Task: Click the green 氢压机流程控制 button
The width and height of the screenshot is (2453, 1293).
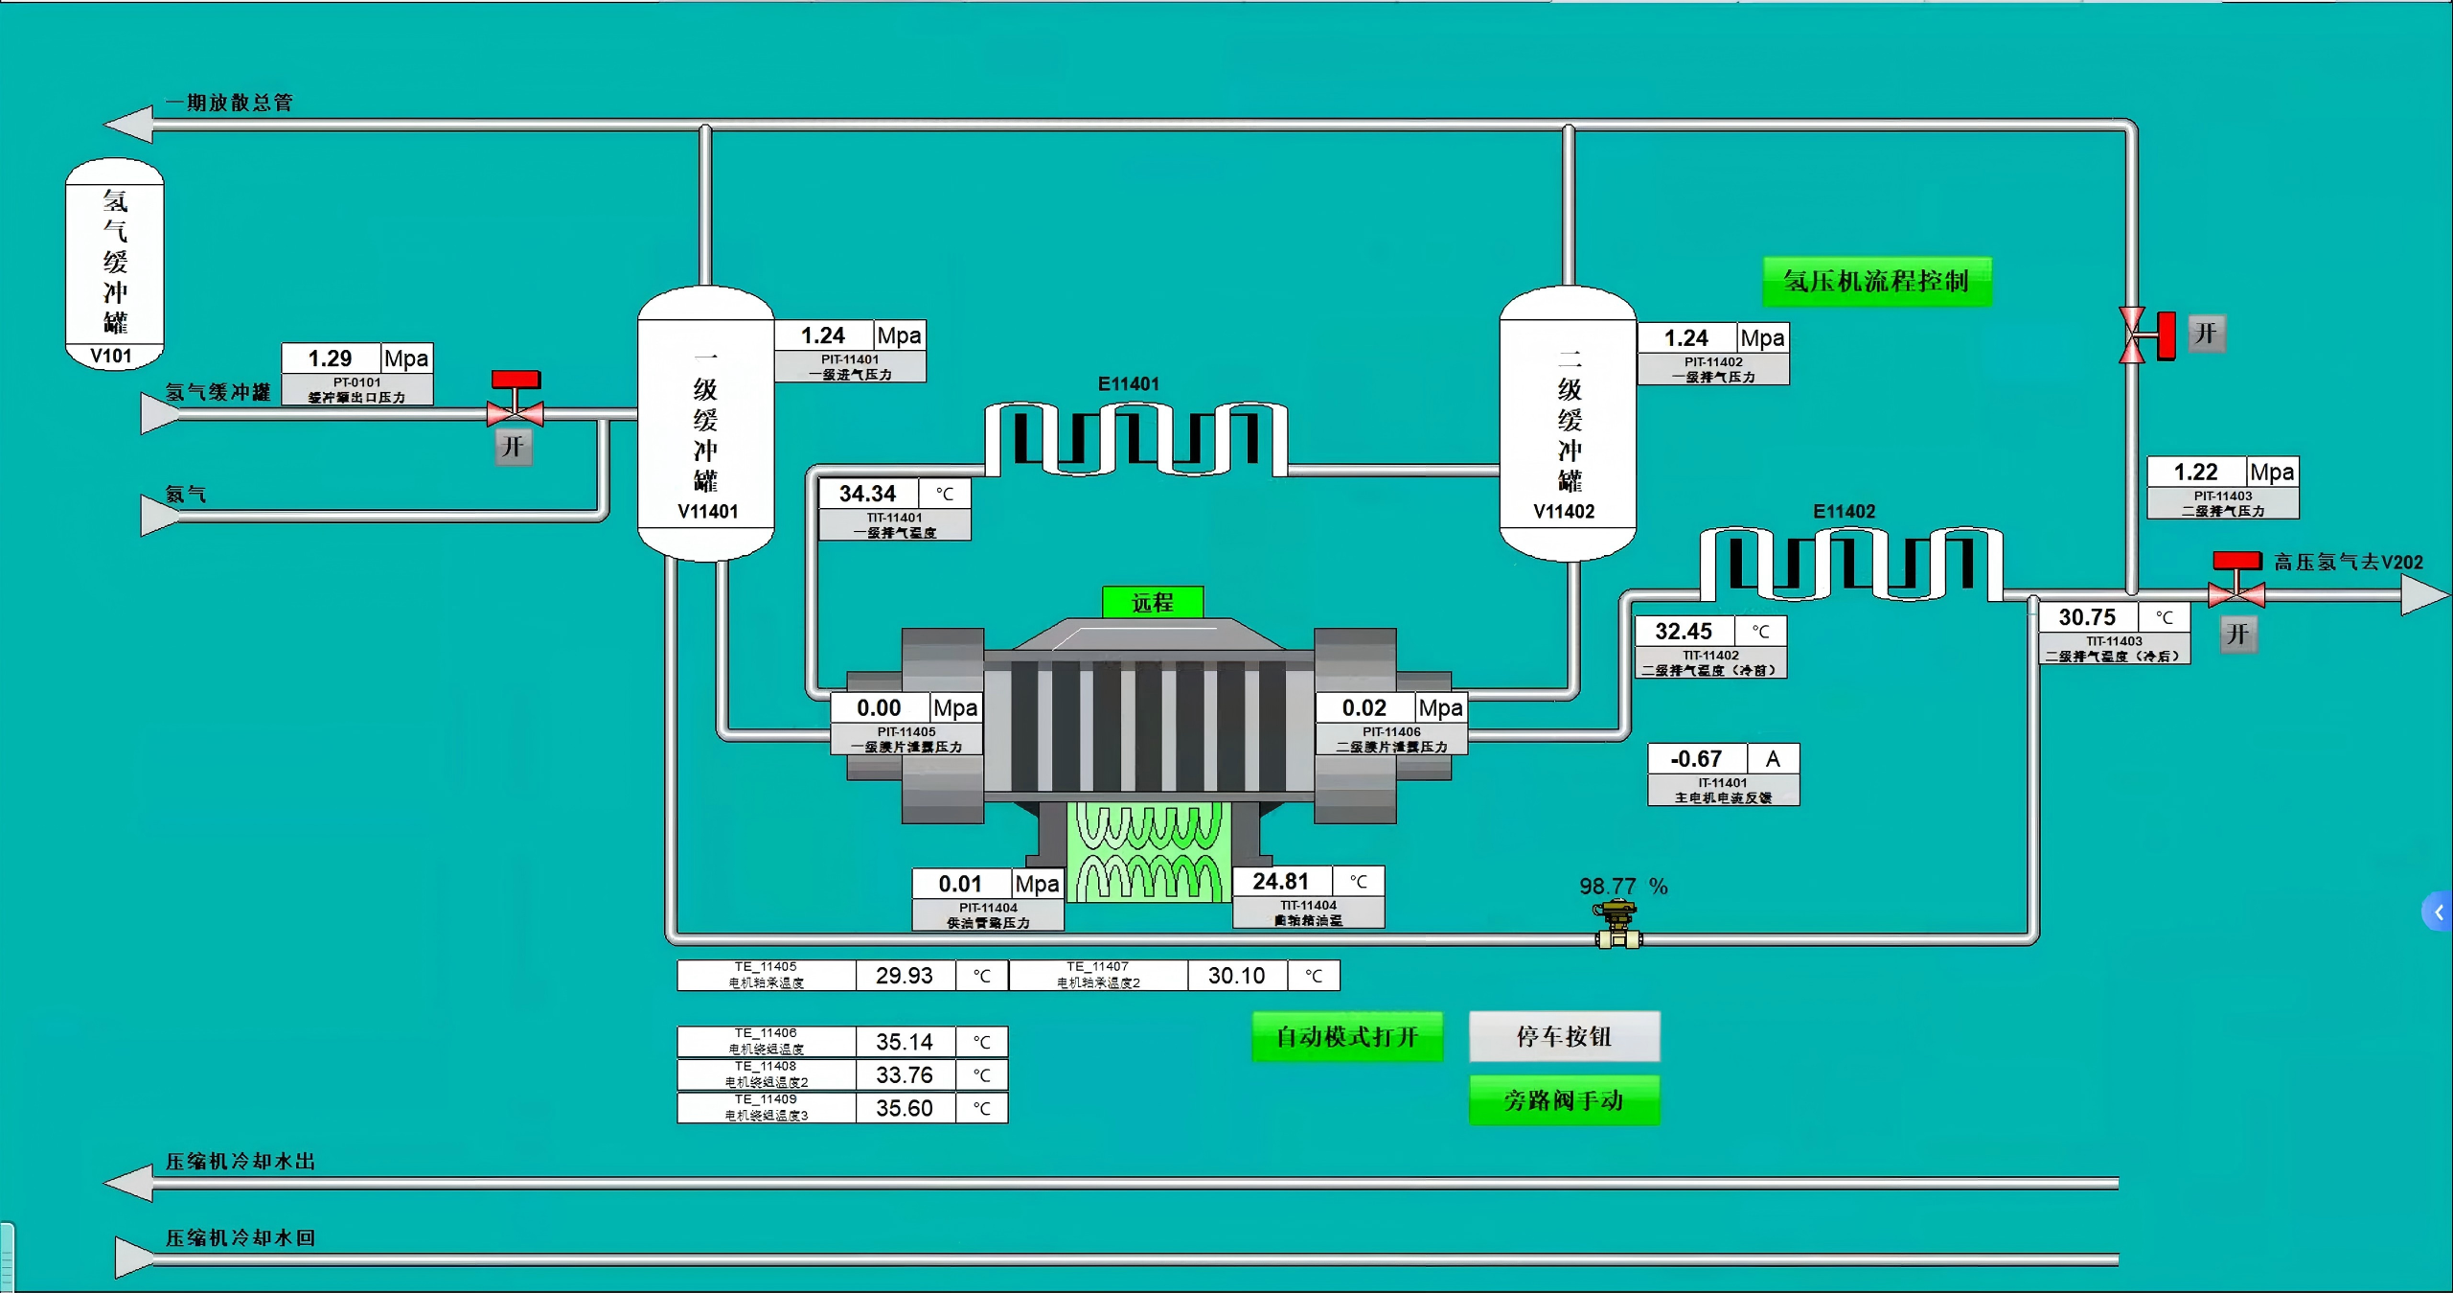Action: pyautogui.click(x=1876, y=282)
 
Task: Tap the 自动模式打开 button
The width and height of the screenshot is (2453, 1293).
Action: pyautogui.click(x=1346, y=1037)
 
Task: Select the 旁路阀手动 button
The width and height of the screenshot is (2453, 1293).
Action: pyautogui.click(x=1564, y=1100)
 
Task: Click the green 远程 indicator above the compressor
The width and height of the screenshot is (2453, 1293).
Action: pyautogui.click(x=1153, y=603)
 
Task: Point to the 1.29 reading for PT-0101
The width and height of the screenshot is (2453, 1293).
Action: pyautogui.click(x=331, y=358)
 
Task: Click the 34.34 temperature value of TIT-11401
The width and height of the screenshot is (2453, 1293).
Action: pyautogui.click(x=868, y=494)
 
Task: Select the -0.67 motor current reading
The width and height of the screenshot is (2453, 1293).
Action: pyautogui.click(x=1696, y=759)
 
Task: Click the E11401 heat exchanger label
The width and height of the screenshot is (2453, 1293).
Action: pyautogui.click(x=1128, y=384)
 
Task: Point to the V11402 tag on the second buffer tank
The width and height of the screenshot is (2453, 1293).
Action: pyautogui.click(x=1564, y=512)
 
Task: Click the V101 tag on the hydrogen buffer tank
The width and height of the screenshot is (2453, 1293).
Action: pyautogui.click(x=111, y=357)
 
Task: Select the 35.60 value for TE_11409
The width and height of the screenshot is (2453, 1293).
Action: pyautogui.click(x=905, y=1108)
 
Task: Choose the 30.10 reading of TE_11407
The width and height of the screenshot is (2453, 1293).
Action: pyautogui.click(x=1236, y=976)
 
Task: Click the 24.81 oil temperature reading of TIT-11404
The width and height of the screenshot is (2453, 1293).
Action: pyautogui.click(x=1280, y=882)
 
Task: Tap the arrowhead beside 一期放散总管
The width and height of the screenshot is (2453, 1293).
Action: pyautogui.click(x=129, y=125)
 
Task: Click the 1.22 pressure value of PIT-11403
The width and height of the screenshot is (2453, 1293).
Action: pyautogui.click(x=2195, y=473)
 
